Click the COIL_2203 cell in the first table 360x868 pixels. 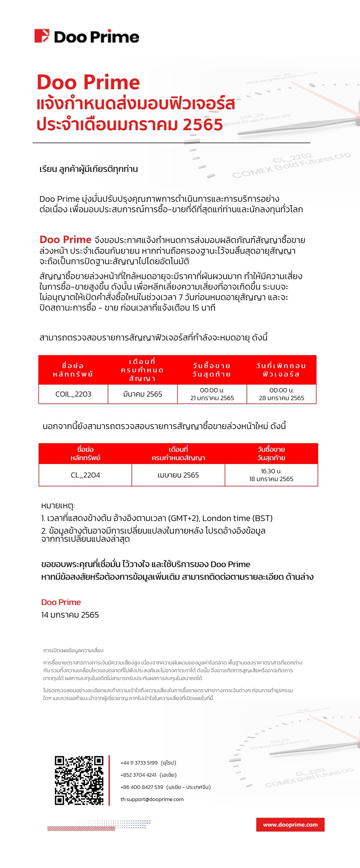tap(73, 394)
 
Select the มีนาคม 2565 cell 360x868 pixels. tap(143, 394)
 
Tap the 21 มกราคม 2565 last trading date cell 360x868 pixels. tap(212, 394)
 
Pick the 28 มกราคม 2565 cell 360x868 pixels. tap(281, 394)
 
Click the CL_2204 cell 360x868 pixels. tap(85, 475)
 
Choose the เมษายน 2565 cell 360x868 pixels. tap(178, 475)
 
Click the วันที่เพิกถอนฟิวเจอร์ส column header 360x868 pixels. tap(281, 370)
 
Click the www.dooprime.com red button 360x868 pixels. tap(290, 825)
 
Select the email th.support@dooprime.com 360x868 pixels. tap(152, 799)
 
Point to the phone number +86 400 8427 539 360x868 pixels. tap(142, 787)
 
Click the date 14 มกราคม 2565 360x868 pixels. tap(70, 615)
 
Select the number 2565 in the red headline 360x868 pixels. tap(203, 125)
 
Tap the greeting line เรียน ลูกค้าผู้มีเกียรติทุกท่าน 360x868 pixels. tap(89, 169)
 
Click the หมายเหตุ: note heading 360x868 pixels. tap(58, 506)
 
